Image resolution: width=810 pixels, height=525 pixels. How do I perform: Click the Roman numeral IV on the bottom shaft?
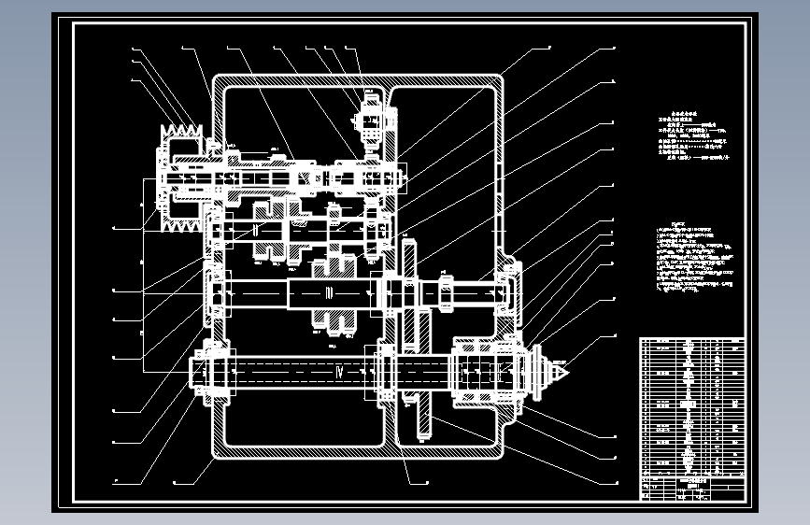coord(339,372)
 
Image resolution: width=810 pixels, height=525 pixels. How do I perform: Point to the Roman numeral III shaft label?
coord(328,293)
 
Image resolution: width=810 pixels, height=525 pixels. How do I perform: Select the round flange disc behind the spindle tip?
coord(538,372)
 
